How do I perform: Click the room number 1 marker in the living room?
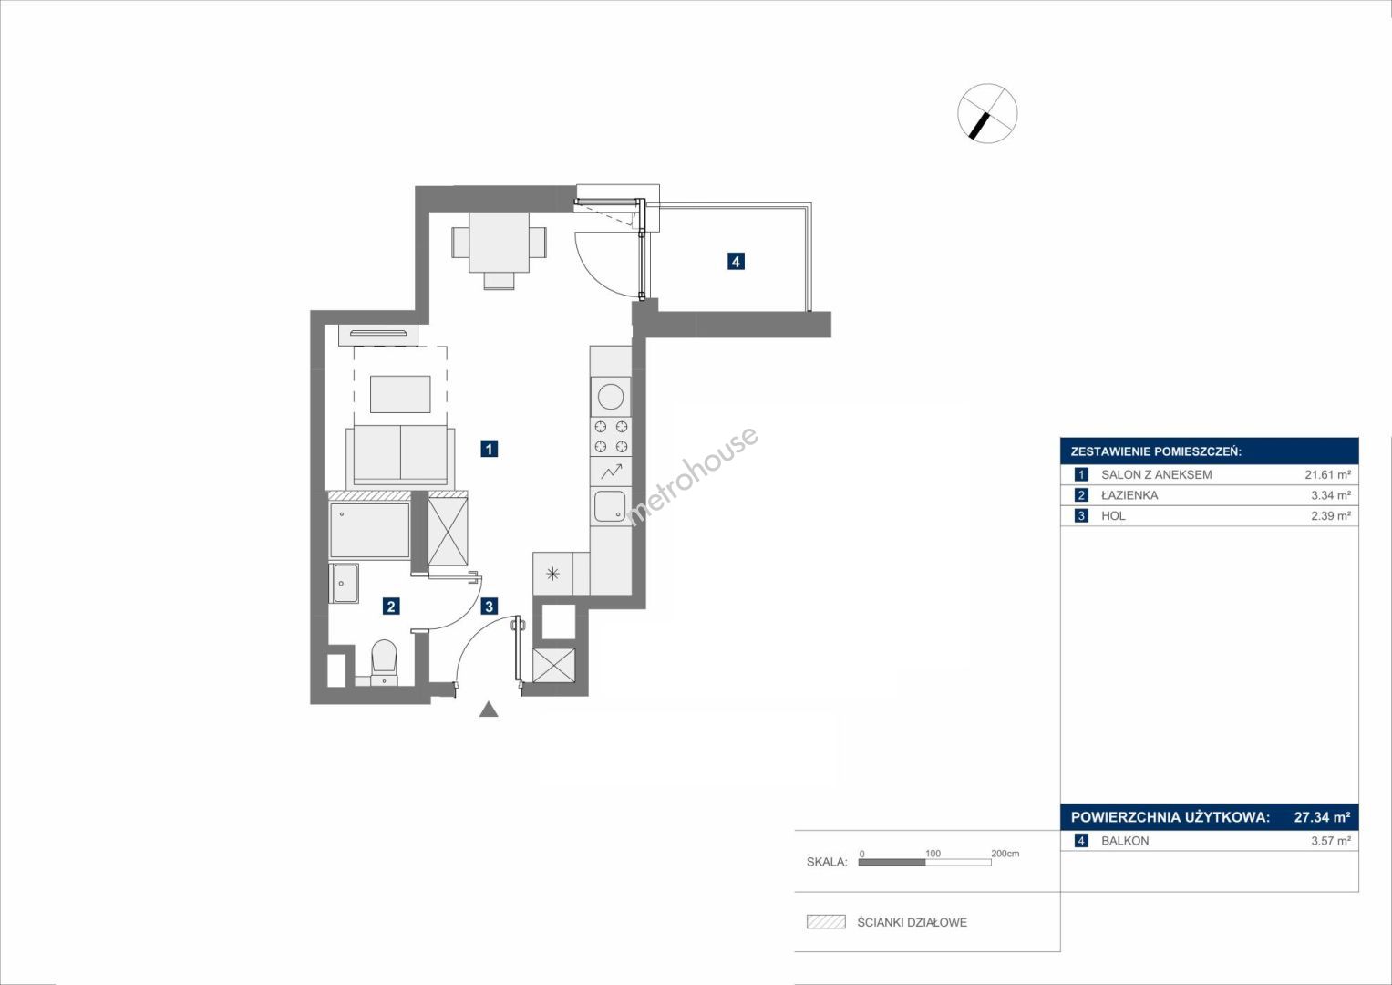(x=489, y=449)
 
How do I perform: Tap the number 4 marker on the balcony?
(x=736, y=261)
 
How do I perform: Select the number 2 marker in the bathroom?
(x=391, y=607)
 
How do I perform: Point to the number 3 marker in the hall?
(x=489, y=607)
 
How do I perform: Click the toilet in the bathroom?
(x=384, y=661)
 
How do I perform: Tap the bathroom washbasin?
(x=345, y=584)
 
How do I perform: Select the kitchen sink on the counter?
(x=610, y=506)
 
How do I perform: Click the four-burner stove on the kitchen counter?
(x=610, y=437)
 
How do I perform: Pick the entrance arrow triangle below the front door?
(x=489, y=709)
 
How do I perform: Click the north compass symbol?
(x=987, y=113)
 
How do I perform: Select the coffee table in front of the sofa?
(x=400, y=394)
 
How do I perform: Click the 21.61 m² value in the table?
(x=1328, y=474)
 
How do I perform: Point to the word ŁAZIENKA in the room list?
(x=1129, y=495)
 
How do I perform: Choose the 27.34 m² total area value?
(x=1322, y=816)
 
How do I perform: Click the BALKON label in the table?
(x=1125, y=841)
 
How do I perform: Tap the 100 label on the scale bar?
(x=933, y=853)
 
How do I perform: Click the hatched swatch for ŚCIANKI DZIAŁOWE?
(x=826, y=921)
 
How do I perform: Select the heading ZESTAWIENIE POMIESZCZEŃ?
(x=1156, y=451)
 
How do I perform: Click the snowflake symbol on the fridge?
(x=552, y=574)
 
